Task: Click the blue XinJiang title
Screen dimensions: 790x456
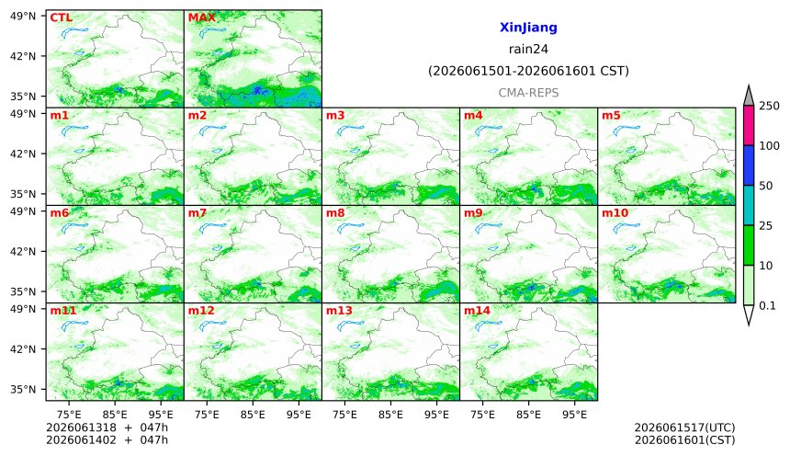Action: (528, 28)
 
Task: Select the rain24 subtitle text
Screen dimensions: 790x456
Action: (528, 49)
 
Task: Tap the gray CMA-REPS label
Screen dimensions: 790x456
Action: (528, 93)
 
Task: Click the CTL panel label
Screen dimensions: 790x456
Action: (61, 17)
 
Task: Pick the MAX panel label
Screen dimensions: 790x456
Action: (201, 17)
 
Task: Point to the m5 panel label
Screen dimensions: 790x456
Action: (611, 116)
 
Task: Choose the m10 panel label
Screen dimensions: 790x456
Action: (615, 213)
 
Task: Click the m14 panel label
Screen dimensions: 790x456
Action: (477, 310)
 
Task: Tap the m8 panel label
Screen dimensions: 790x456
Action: (335, 213)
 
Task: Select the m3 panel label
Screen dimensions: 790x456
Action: (335, 116)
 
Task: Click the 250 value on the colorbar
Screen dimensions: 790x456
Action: (769, 106)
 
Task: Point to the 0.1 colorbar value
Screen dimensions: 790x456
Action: (767, 305)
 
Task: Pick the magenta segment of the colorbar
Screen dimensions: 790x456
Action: (749, 126)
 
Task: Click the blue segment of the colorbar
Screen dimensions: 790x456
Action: (749, 165)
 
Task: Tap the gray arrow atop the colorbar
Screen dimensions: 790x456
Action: (749, 96)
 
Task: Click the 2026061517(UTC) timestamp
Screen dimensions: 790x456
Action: (684, 427)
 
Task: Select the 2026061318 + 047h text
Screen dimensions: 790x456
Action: (107, 427)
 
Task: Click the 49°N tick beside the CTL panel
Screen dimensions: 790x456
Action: (23, 16)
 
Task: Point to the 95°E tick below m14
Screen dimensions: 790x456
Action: (574, 415)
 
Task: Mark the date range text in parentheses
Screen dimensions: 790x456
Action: (528, 71)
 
